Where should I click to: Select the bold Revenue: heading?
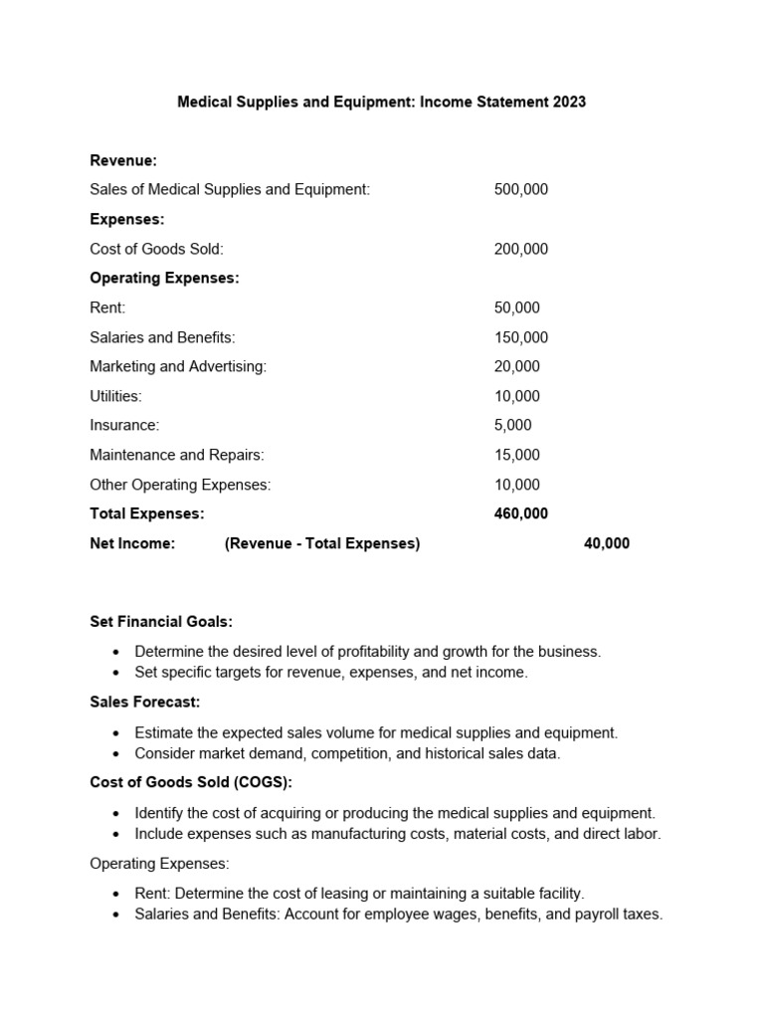pyautogui.click(x=123, y=160)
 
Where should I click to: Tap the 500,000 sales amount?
pyautogui.click(x=520, y=190)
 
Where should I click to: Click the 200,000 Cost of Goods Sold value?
pyautogui.click(x=520, y=249)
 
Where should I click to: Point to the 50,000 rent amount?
pyautogui.click(x=516, y=308)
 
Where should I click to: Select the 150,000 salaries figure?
pyautogui.click(x=520, y=337)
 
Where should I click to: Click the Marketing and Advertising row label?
pyautogui.click(x=178, y=367)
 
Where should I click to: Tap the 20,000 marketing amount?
pyautogui.click(x=516, y=367)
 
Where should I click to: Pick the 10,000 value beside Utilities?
pyautogui.click(x=516, y=396)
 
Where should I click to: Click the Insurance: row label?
pyautogui.click(x=124, y=426)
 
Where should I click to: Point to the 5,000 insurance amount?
pyautogui.click(x=512, y=426)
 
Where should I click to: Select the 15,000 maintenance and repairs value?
pyautogui.click(x=516, y=456)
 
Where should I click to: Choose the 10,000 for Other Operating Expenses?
pyautogui.click(x=516, y=485)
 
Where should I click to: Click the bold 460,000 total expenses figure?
pyautogui.click(x=520, y=514)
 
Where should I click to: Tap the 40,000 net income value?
pyautogui.click(x=606, y=543)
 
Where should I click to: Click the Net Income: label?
pyautogui.click(x=132, y=543)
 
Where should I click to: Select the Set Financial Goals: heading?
pyautogui.click(x=161, y=622)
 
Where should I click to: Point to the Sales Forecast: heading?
pyautogui.click(x=144, y=703)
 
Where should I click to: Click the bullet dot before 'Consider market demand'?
pyautogui.click(x=116, y=754)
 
